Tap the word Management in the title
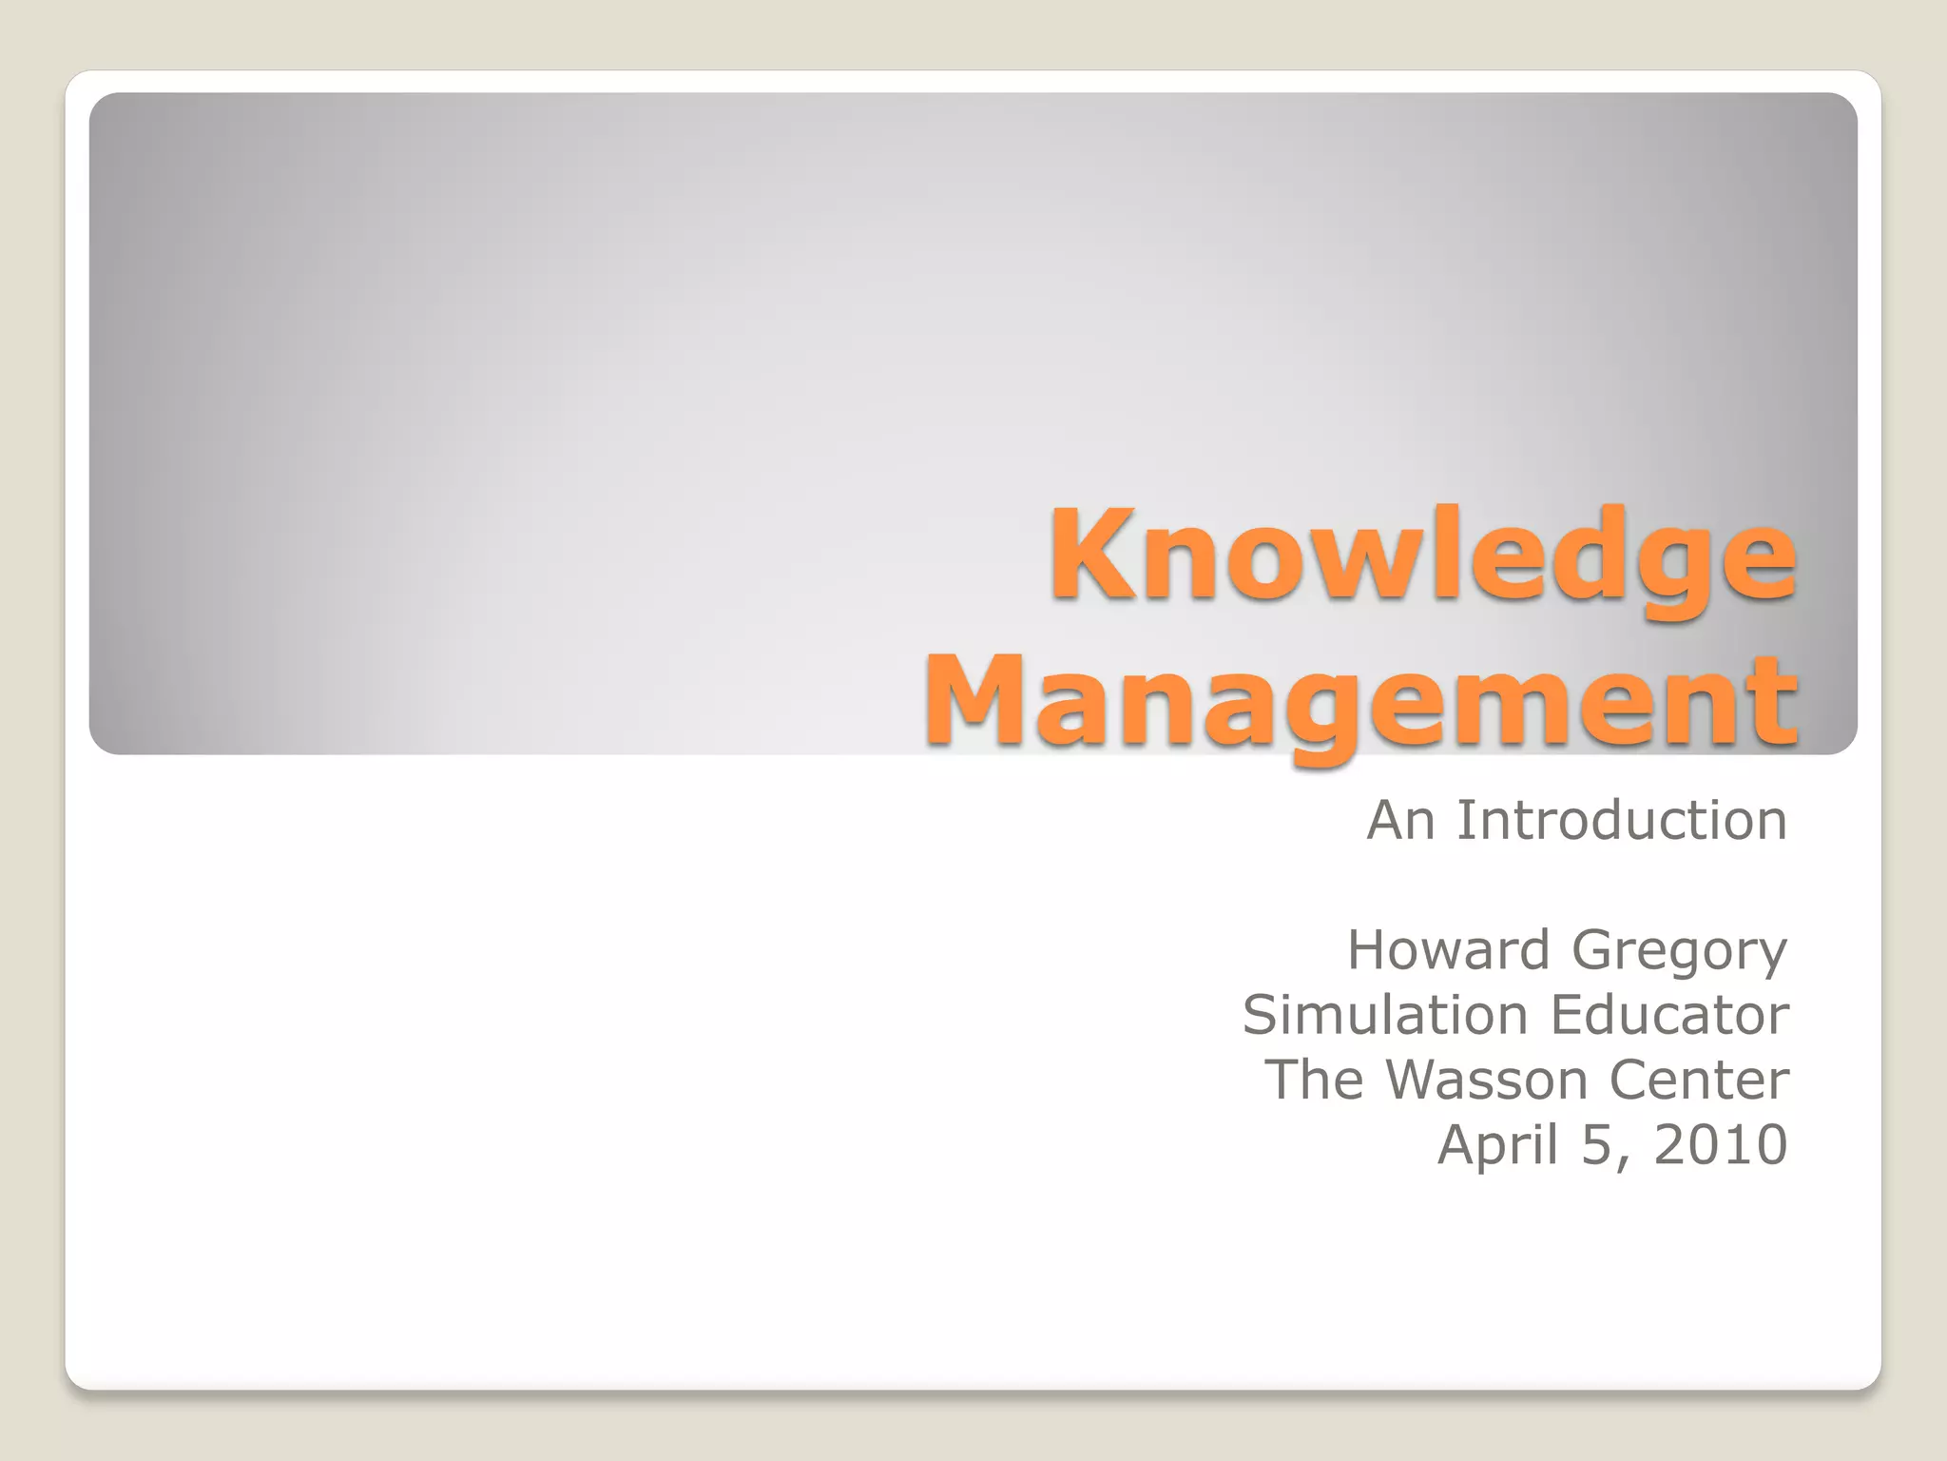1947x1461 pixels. coord(1361,702)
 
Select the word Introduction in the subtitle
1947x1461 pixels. coord(1621,820)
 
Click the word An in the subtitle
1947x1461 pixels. coord(1400,820)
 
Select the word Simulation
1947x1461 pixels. coord(1384,1015)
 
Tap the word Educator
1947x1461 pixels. coord(1670,1015)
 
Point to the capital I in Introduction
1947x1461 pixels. coord(1464,820)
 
